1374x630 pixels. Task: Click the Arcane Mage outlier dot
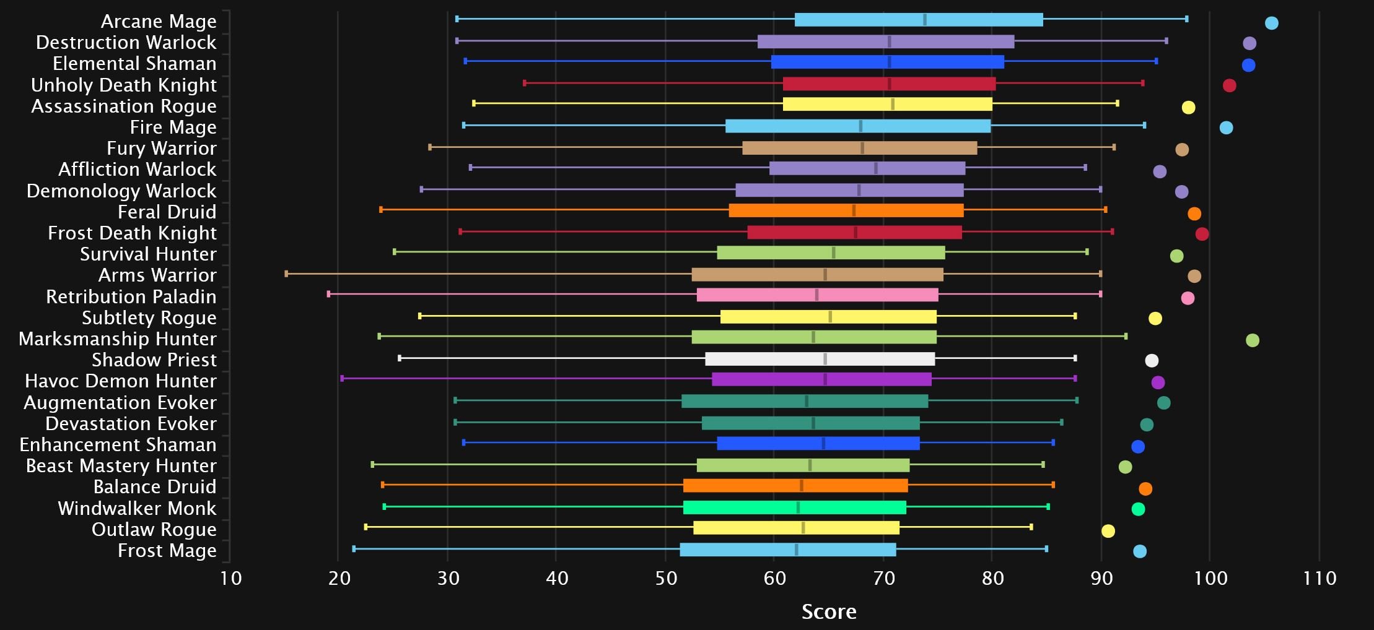(x=1271, y=23)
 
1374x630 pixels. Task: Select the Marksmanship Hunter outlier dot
(x=1252, y=340)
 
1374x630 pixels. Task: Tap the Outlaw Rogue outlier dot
(x=1108, y=531)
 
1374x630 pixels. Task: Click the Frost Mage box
(x=787, y=550)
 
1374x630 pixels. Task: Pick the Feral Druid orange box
(x=846, y=210)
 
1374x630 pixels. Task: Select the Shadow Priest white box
(x=820, y=359)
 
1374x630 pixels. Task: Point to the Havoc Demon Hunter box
(x=821, y=379)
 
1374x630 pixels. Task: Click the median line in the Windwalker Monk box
(x=798, y=507)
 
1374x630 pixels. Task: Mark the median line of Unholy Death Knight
(x=889, y=84)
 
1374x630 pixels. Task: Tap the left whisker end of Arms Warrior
(x=286, y=274)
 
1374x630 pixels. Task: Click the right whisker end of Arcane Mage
(x=1186, y=19)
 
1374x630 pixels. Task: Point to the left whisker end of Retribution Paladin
(x=328, y=294)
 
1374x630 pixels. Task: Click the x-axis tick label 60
(x=774, y=579)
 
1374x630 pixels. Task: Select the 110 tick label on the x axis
(x=1319, y=579)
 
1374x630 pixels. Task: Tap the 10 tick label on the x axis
(x=230, y=579)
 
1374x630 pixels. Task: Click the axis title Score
(x=829, y=611)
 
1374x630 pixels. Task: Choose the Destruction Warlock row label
(x=126, y=42)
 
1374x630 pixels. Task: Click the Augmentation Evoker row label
(x=120, y=402)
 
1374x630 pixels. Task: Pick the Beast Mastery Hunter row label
(x=121, y=465)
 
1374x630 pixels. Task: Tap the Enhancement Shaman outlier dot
(x=1137, y=447)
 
